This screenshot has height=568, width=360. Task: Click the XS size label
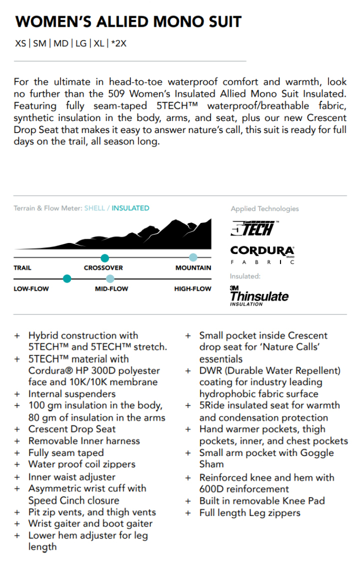pyautogui.click(x=21, y=43)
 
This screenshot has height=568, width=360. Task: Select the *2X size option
pyautogui.click(x=119, y=43)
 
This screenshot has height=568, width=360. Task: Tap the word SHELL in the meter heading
pyautogui.click(x=95, y=208)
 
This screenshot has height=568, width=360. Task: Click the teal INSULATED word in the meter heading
pyautogui.click(x=131, y=208)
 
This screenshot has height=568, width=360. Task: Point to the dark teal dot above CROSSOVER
pyautogui.click(x=105, y=258)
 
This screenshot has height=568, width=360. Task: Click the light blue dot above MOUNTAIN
pyautogui.click(x=193, y=258)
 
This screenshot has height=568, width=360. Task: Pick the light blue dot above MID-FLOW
pyautogui.click(x=109, y=279)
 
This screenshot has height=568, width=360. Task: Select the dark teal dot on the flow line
pyautogui.click(x=67, y=279)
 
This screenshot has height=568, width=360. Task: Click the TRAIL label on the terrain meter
pyautogui.click(x=23, y=268)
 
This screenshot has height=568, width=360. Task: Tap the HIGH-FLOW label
pyautogui.click(x=193, y=289)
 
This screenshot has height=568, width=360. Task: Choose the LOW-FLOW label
pyautogui.click(x=31, y=289)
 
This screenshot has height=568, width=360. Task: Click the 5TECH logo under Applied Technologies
pyautogui.click(x=253, y=228)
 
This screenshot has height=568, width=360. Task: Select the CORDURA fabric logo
pyautogui.click(x=262, y=254)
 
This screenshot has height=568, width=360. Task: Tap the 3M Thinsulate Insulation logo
pyautogui.click(x=259, y=296)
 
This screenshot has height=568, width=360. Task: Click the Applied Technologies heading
pyautogui.click(x=264, y=209)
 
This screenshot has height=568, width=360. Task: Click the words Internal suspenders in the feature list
pyautogui.click(x=72, y=393)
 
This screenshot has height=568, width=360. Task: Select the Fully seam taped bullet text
pyautogui.click(x=66, y=452)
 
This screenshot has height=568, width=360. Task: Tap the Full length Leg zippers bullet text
pyautogui.click(x=249, y=513)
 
